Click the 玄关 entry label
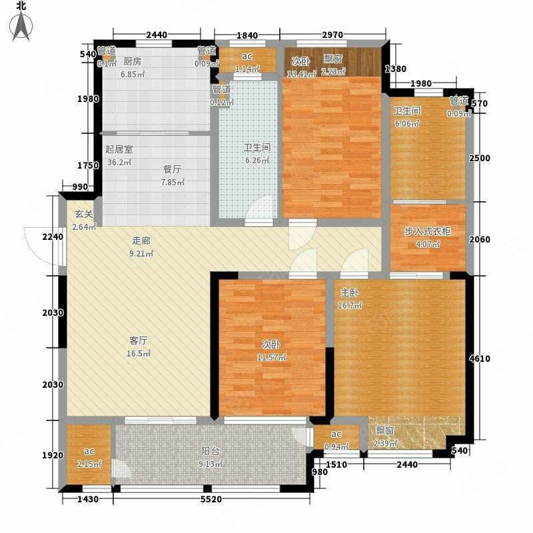tap(83, 215)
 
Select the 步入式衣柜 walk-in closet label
tap(426, 232)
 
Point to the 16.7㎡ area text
tap(350, 306)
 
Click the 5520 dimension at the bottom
tap(213, 500)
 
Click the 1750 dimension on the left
tap(87, 166)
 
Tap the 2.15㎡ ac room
tap(89, 460)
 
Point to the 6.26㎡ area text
tap(257, 161)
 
